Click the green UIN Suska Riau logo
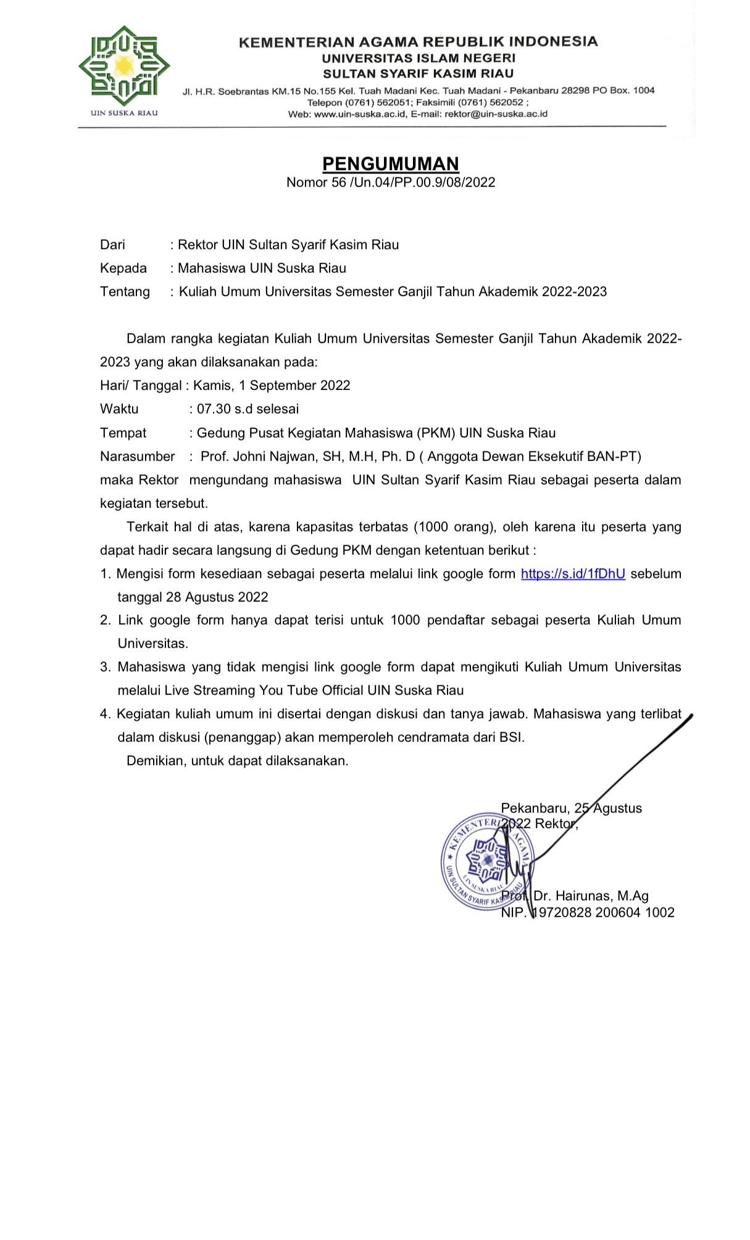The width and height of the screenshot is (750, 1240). tap(124, 66)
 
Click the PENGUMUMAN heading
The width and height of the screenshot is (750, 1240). tap(391, 164)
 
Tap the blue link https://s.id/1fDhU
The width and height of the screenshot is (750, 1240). tap(573, 573)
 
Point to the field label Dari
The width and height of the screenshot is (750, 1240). tap(112, 244)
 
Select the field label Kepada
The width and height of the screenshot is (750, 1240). tap(123, 268)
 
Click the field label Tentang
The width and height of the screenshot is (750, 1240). tap(125, 291)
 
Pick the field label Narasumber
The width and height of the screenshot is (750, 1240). tap(137, 456)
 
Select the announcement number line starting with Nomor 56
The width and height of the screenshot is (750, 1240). tap(391, 182)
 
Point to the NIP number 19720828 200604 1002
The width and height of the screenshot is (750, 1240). tap(603, 912)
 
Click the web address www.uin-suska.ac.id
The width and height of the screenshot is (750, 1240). tap(360, 114)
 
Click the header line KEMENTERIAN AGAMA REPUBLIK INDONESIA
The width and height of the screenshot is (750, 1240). tap(418, 42)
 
